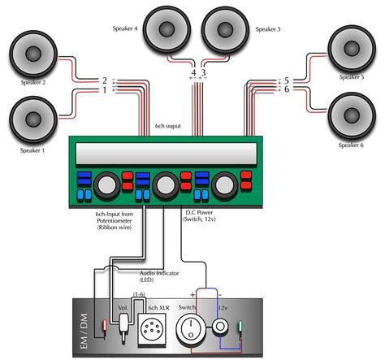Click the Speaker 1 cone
point(34,118)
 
